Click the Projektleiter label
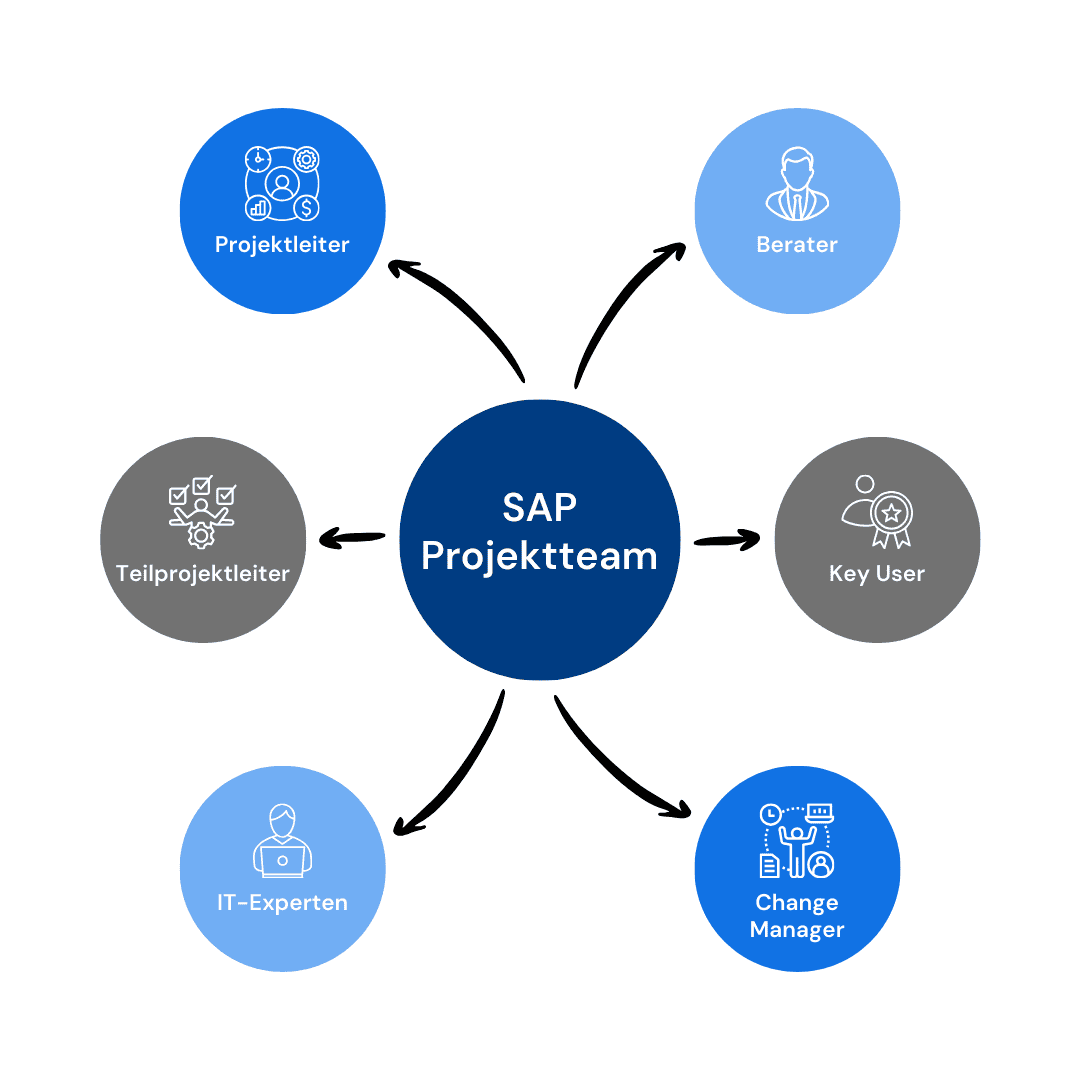(x=282, y=244)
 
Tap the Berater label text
(x=797, y=244)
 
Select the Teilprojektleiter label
(x=202, y=573)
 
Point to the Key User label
(x=877, y=573)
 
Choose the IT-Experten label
(x=282, y=902)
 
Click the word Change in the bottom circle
(x=797, y=902)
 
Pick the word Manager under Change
(x=797, y=929)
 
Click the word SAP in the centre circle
(x=539, y=507)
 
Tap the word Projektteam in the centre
(x=539, y=556)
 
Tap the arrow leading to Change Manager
(x=620, y=760)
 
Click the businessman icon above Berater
(x=797, y=184)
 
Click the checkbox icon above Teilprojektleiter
(x=202, y=512)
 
